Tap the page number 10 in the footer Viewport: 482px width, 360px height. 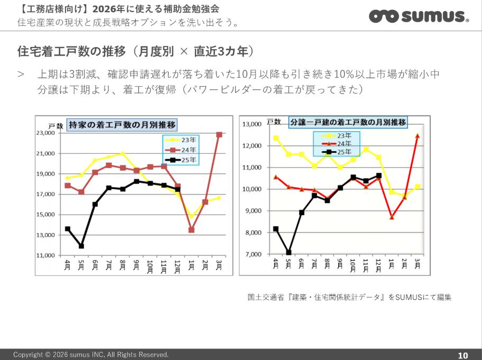point(462,355)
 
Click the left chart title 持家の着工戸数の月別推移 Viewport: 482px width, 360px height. point(122,125)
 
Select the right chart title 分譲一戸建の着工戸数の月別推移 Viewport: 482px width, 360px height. point(348,122)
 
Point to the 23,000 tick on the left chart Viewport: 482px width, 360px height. point(45,133)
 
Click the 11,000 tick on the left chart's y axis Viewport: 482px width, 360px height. point(45,255)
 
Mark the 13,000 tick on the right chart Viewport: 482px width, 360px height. point(252,124)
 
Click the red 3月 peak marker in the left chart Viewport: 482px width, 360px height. point(219,135)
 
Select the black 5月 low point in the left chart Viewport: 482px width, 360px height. point(81,246)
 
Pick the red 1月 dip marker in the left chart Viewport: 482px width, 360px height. point(191,230)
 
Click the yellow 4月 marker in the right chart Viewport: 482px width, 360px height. point(276,138)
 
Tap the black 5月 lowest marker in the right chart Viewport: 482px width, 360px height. point(289,252)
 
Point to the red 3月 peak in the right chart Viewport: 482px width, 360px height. point(418,136)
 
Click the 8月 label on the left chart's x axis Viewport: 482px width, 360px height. point(123,264)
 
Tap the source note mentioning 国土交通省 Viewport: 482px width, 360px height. point(349,297)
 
